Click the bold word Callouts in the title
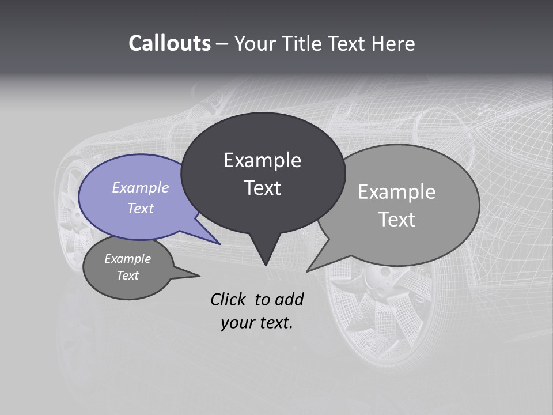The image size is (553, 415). [169, 44]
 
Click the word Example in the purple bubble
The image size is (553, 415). [140, 187]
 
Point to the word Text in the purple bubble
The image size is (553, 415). [140, 208]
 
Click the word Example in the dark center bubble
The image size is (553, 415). [262, 160]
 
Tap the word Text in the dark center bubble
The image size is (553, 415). [262, 188]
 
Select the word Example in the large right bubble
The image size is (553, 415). [397, 192]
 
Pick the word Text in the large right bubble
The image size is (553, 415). [397, 220]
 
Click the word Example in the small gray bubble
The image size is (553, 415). [127, 259]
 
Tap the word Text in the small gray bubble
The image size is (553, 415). [127, 276]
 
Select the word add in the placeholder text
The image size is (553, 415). [289, 299]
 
